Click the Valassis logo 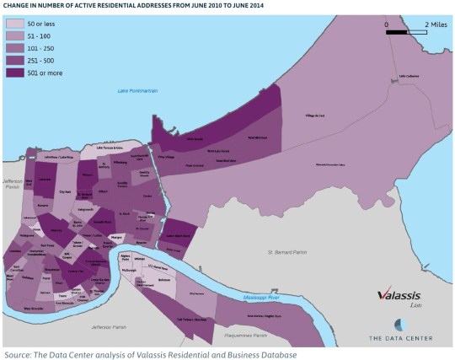pos(399,296)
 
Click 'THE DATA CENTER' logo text pos(400,338)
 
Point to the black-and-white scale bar pos(408,32)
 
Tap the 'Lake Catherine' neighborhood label pos(408,75)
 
